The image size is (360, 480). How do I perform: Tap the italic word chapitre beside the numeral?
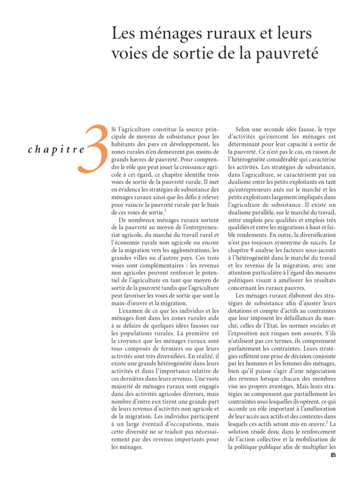coord(57,150)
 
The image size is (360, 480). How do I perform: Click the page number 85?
coord(333,455)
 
